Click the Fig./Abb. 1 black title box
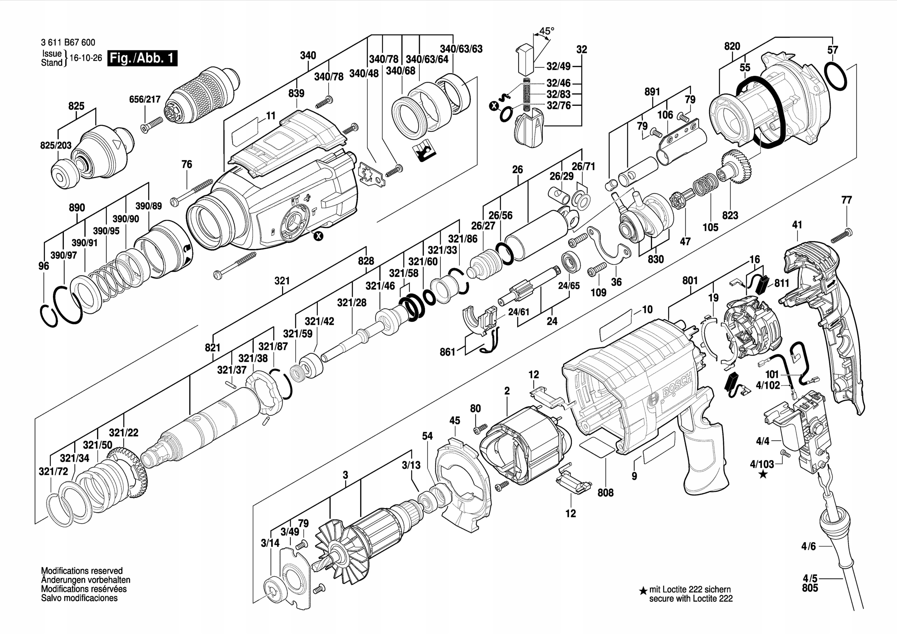(x=142, y=58)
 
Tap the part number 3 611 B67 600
(x=68, y=42)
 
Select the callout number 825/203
(x=56, y=145)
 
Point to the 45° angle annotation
(x=546, y=31)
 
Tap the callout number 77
(x=846, y=200)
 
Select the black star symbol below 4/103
(x=762, y=475)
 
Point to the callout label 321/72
(x=53, y=471)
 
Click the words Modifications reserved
(x=82, y=571)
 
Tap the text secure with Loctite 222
(x=691, y=599)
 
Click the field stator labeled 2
(x=523, y=449)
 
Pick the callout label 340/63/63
(x=461, y=49)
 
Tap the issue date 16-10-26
(x=85, y=58)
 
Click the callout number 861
(x=447, y=352)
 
